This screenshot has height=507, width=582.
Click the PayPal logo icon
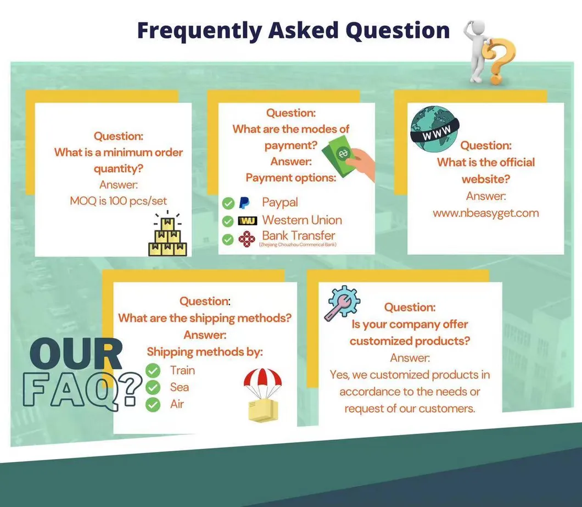pyautogui.click(x=244, y=203)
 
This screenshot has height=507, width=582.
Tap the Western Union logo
pyautogui.click(x=247, y=221)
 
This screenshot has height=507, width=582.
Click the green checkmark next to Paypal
pyautogui.click(x=228, y=204)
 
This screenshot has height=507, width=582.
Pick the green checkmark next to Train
pyautogui.click(x=153, y=370)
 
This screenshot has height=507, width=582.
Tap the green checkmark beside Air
pyautogui.click(x=153, y=405)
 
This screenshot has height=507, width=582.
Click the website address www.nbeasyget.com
pyautogui.click(x=486, y=213)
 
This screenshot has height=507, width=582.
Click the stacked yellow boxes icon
pyautogui.click(x=167, y=235)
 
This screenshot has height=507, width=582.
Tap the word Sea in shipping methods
pyautogui.click(x=179, y=387)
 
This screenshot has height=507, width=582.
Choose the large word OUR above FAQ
pyautogui.click(x=75, y=356)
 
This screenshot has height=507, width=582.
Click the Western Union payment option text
pyautogui.click(x=301, y=220)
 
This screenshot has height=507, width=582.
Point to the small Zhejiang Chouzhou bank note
pyautogui.click(x=297, y=244)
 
